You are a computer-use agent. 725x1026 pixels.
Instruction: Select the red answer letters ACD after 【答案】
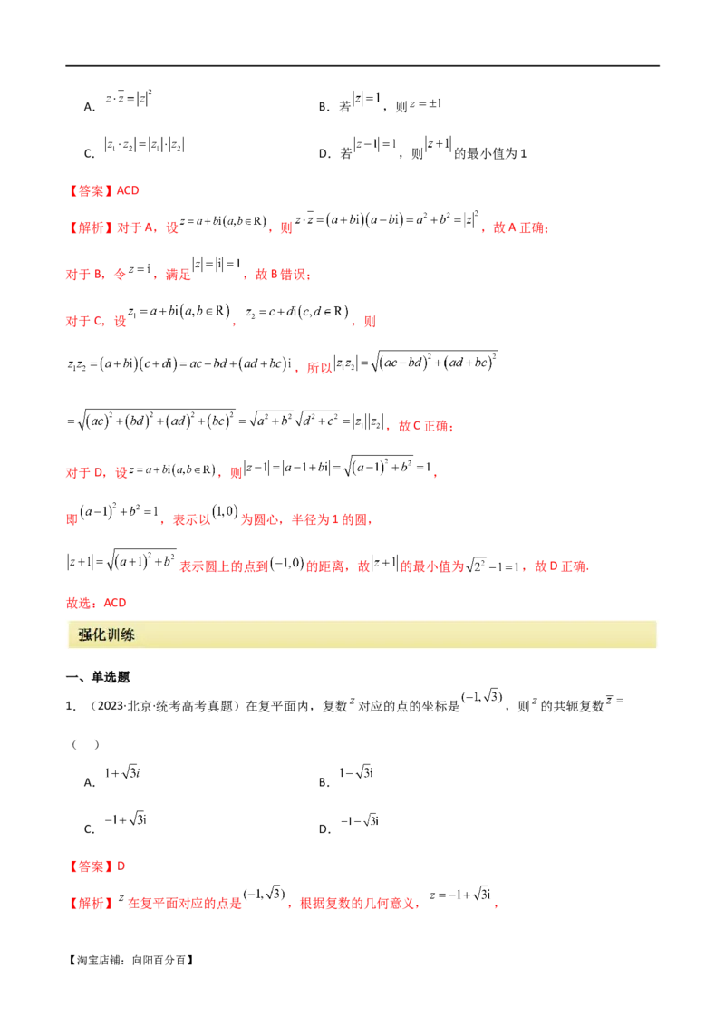129,191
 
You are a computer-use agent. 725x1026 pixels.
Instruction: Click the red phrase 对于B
79,274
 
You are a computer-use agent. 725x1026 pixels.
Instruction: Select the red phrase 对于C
79,320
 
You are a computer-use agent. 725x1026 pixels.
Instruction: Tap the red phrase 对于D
79,470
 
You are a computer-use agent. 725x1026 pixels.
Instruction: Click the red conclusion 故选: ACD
84,602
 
